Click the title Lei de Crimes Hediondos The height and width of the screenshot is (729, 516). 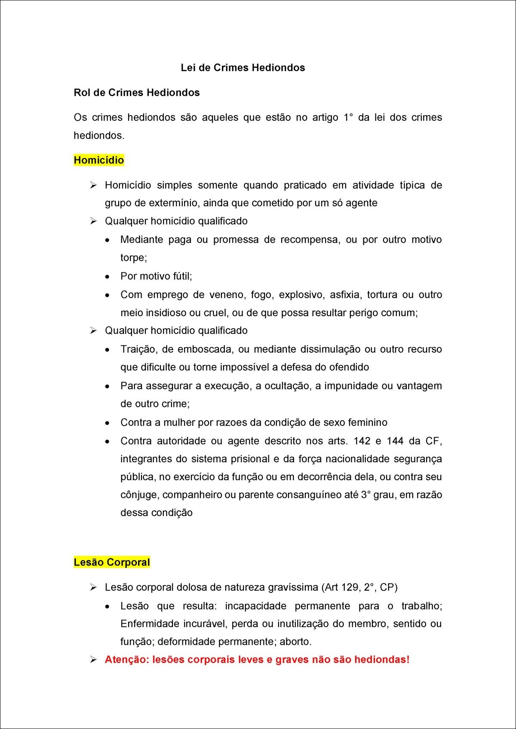click(x=243, y=68)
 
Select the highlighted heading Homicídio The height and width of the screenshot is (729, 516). click(x=99, y=160)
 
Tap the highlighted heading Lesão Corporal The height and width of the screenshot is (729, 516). click(x=112, y=562)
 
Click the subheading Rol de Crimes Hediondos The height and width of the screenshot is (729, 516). click(x=137, y=93)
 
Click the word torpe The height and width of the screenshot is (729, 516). click(x=132, y=258)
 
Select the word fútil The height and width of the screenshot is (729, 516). click(x=181, y=276)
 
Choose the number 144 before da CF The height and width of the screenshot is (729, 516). click(x=395, y=441)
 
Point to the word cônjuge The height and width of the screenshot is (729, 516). click(x=139, y=495)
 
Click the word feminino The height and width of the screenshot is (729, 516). click(x=367, y=423)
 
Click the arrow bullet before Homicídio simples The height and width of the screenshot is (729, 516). click(x=93, y=185)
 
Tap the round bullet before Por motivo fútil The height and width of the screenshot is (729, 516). click(x=108, y=277)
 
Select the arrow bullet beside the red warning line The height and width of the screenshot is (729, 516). click(x=93, y=659)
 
